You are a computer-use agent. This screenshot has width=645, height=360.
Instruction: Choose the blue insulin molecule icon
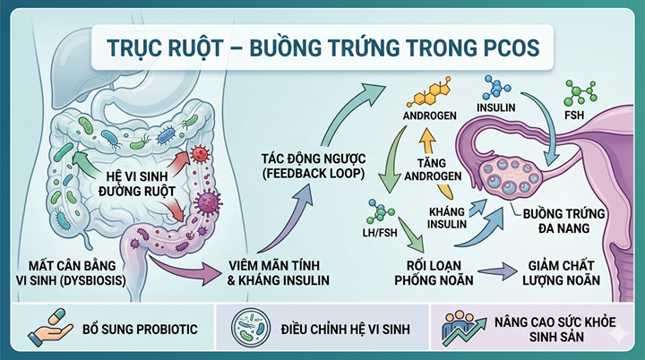[494, 88]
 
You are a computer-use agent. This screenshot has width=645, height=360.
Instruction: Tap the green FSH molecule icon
[580, 94]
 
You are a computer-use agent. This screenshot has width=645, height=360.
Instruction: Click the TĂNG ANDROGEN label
[438, 167]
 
